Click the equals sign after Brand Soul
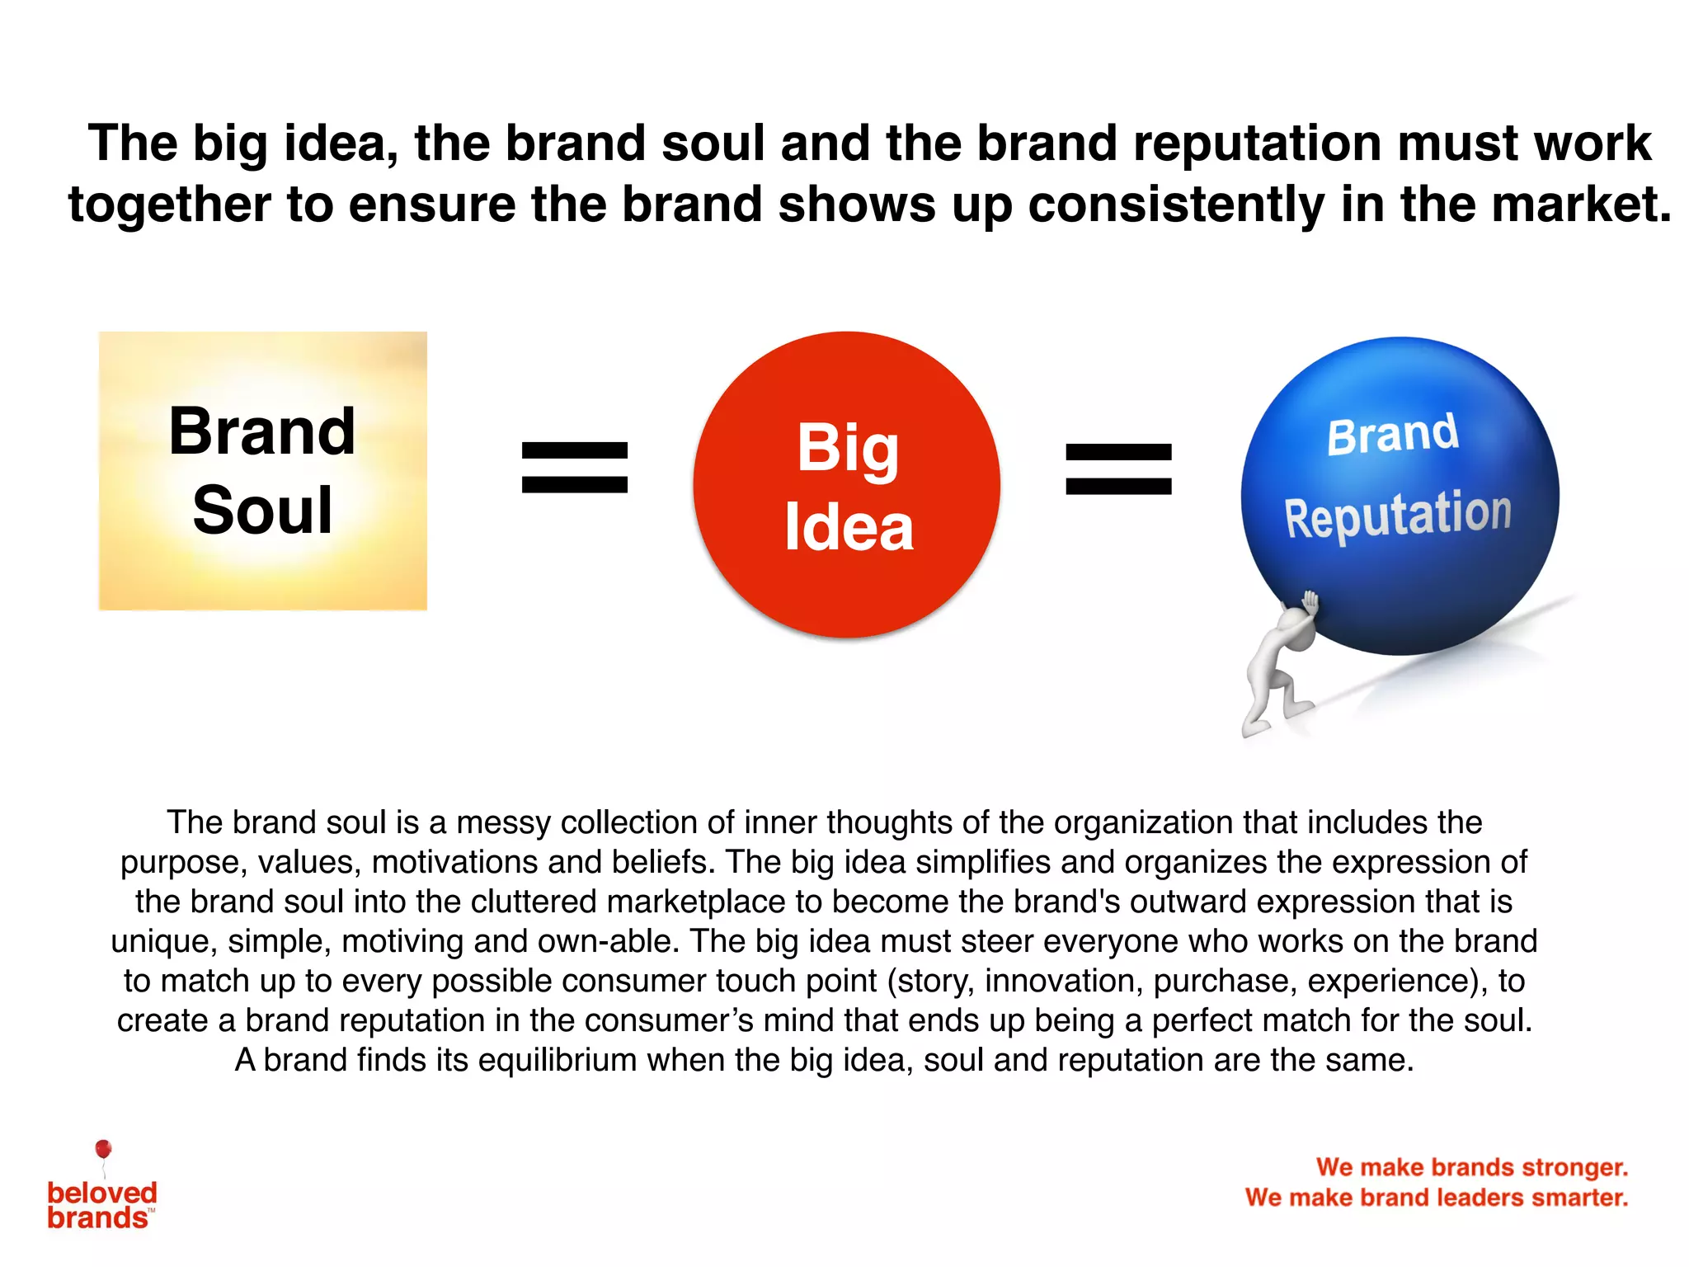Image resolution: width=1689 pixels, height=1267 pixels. [575, 467]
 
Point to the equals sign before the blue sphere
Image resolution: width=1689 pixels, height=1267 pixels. [1118, 469]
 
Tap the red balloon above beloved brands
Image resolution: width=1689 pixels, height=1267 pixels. [103, 1149]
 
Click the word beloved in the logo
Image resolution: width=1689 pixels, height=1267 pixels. [102, 1193]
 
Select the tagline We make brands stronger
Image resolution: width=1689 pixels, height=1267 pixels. [1472, 1167]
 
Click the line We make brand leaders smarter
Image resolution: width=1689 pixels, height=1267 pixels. [1437, 1197]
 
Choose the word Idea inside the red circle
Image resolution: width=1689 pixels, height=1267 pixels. [849, 528]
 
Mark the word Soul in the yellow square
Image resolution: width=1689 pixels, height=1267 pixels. [262, 510]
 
